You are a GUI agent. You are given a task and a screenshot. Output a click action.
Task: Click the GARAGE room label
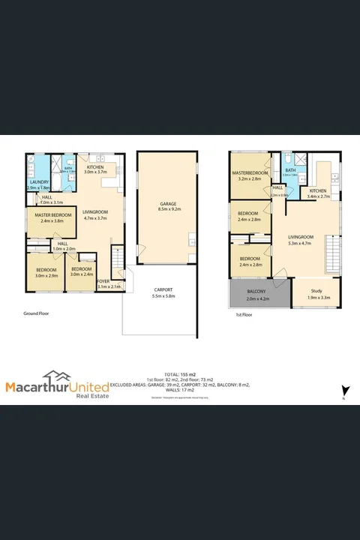pos(167,203)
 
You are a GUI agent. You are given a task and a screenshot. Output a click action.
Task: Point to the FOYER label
pos(103,280)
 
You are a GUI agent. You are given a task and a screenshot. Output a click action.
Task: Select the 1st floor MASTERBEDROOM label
pos(250,174)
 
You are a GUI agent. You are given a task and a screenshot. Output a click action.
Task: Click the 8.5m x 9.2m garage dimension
pos(167,210)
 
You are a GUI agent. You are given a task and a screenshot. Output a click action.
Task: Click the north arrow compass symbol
pos(344,391)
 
